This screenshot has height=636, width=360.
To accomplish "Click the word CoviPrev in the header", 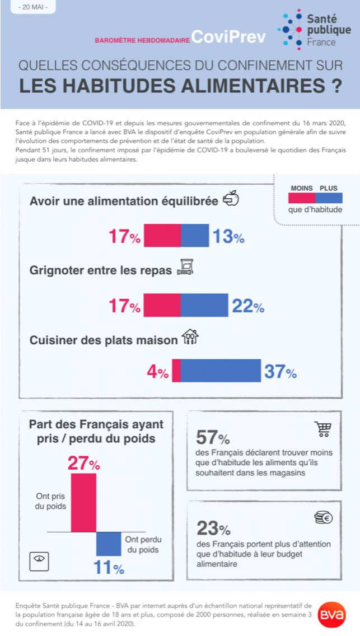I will point(228,36).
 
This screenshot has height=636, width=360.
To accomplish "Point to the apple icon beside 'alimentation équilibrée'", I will point(231,198).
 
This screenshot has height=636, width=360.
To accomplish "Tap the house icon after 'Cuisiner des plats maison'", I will point(190,336).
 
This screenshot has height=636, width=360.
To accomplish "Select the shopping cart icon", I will point(322,429).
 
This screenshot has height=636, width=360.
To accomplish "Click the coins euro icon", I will point(323,517).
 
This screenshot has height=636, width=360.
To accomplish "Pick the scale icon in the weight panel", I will point(40,559).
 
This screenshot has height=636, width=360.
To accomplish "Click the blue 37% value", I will point(280,372).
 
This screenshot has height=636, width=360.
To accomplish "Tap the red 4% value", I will point(157,372).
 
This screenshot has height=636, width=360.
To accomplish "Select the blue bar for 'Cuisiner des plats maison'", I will point(221,371).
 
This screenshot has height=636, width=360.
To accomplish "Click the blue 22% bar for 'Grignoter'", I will point(204,305).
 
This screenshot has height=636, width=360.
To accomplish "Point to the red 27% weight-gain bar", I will point(87,502).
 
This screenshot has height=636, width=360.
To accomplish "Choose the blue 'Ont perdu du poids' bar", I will point(109,544).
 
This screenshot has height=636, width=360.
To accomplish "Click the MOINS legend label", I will point(301,188).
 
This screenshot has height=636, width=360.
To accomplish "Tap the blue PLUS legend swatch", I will point(329,198).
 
